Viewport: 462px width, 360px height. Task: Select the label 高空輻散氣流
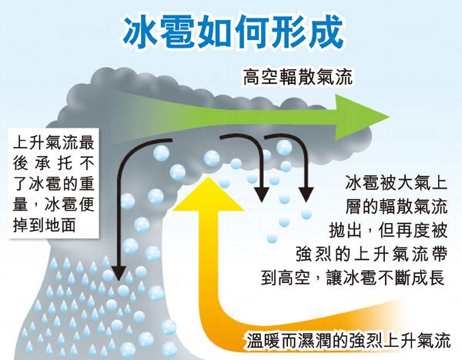click(x=298, y=77)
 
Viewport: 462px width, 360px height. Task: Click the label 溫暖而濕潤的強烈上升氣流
click(x=349, y=341)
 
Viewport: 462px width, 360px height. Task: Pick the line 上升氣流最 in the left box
click(x=53, y=142)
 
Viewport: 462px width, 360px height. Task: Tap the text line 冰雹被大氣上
click(x=396, y=182)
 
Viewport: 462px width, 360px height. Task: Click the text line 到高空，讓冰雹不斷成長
click(x=353, y=277)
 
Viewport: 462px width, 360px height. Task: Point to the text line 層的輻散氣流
click(x=396, y=206)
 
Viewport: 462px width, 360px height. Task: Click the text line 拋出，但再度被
click(x=388, y=230)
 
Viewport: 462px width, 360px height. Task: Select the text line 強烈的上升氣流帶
click(x=372, y=253)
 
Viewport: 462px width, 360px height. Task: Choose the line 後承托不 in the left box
click(x=53, y=163)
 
